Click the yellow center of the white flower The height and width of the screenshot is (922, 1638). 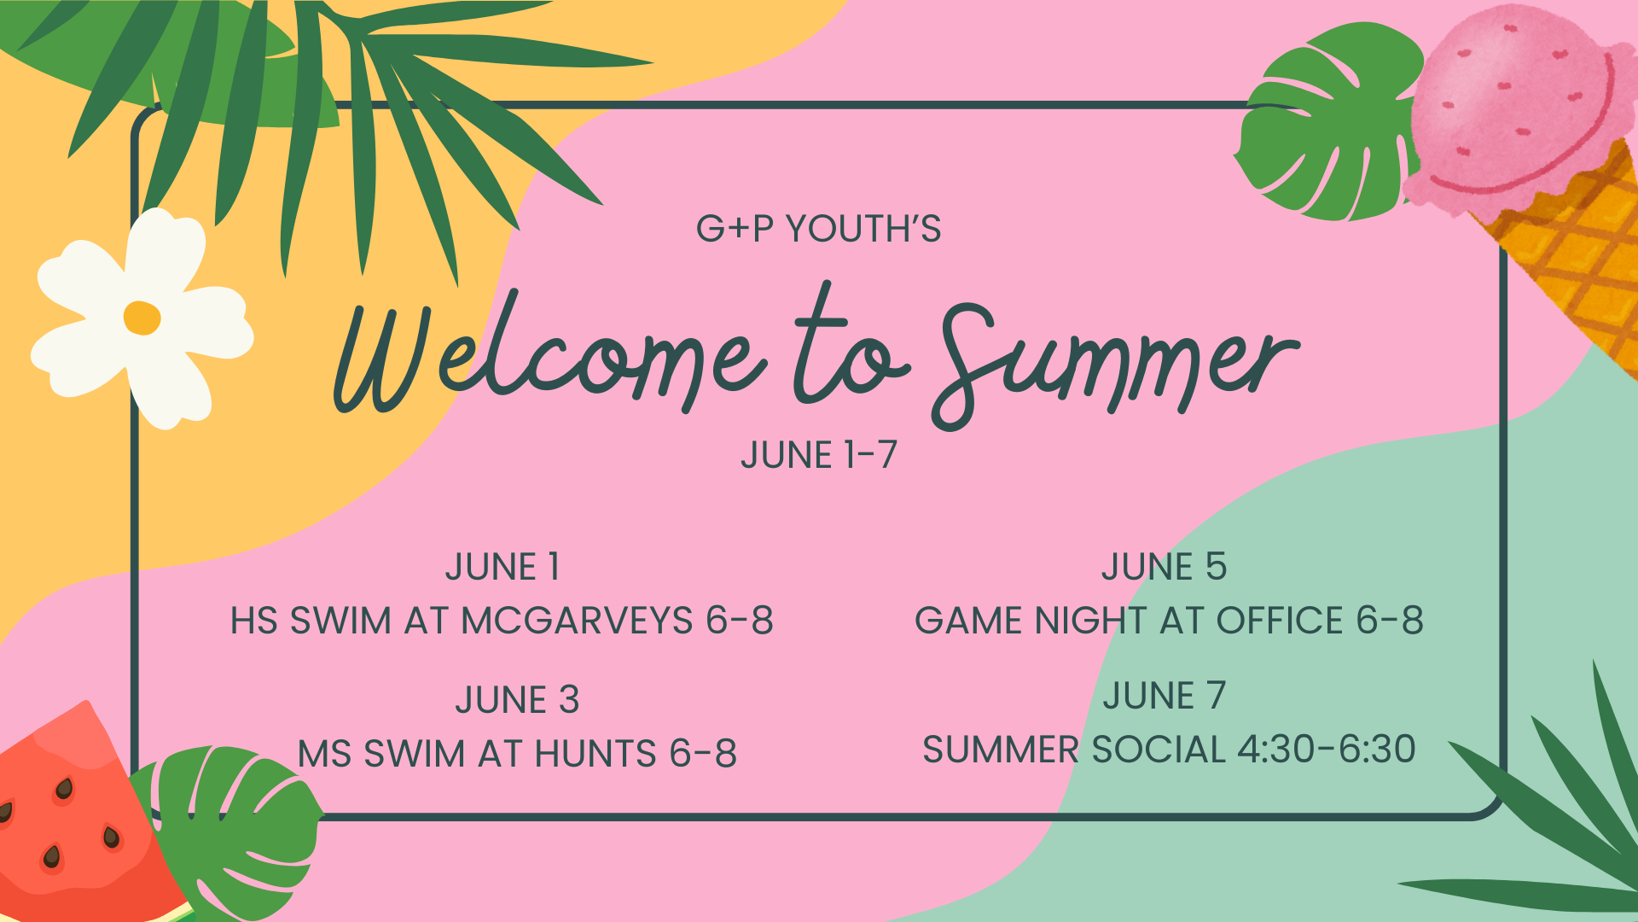(x=142, y=318)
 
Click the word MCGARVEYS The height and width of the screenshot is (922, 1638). (x=577, y=621)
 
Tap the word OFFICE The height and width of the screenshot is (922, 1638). (x=1280, y=621)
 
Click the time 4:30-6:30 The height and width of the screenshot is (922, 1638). (x=1326, y=750)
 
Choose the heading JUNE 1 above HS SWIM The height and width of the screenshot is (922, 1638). (x=502, y=568)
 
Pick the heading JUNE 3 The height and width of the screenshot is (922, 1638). (x=517, y=701)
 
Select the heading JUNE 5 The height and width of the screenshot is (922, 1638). (x=1164, y=568)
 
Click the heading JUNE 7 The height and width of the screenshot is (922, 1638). (x=1164, y=696)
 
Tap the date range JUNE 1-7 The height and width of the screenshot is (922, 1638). (x=818, y=455)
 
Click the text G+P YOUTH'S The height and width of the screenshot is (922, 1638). (x=818, y=229)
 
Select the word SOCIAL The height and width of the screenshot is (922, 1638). (x=1159, y=750)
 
